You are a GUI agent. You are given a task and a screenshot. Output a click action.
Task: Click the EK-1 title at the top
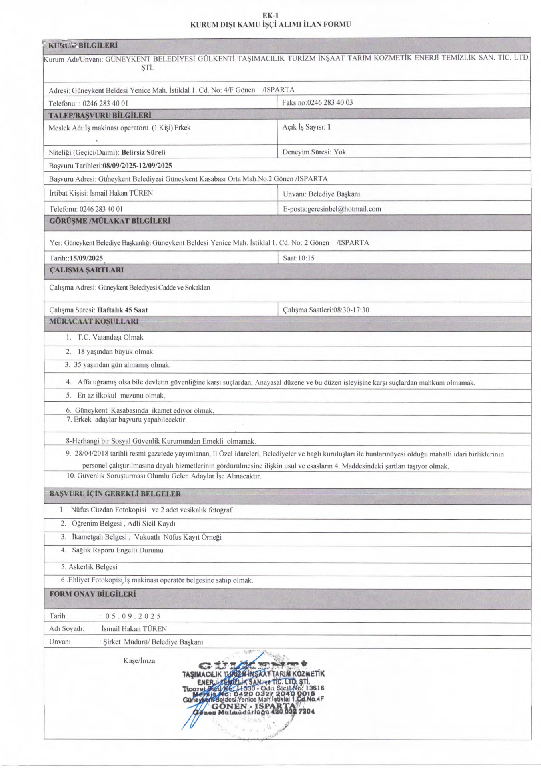point(270,16)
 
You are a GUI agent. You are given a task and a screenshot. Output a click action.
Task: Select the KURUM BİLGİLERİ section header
point(83,45)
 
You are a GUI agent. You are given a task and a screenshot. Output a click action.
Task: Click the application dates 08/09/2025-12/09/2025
point(137,165)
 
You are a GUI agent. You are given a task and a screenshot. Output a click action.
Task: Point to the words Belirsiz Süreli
point(143,152)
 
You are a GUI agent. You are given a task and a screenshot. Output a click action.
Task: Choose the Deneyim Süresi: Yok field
point(314,152)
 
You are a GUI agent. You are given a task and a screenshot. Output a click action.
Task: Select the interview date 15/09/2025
point(86,258)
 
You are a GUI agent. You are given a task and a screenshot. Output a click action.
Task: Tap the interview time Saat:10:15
point(299,258)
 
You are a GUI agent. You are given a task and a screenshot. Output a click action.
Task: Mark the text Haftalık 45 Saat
point(122,310)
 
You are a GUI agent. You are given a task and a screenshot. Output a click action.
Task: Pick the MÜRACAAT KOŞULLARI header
point(94,321)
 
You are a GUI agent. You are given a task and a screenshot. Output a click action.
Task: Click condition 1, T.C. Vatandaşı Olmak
point(110,337)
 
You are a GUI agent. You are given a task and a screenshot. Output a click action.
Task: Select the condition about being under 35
point(122,365)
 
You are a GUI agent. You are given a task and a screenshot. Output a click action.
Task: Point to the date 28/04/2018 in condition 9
point(92,454)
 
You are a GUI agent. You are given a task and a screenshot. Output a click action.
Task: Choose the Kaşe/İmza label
point(139,661)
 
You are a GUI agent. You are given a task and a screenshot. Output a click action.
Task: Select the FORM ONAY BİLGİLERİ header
point(93,594)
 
